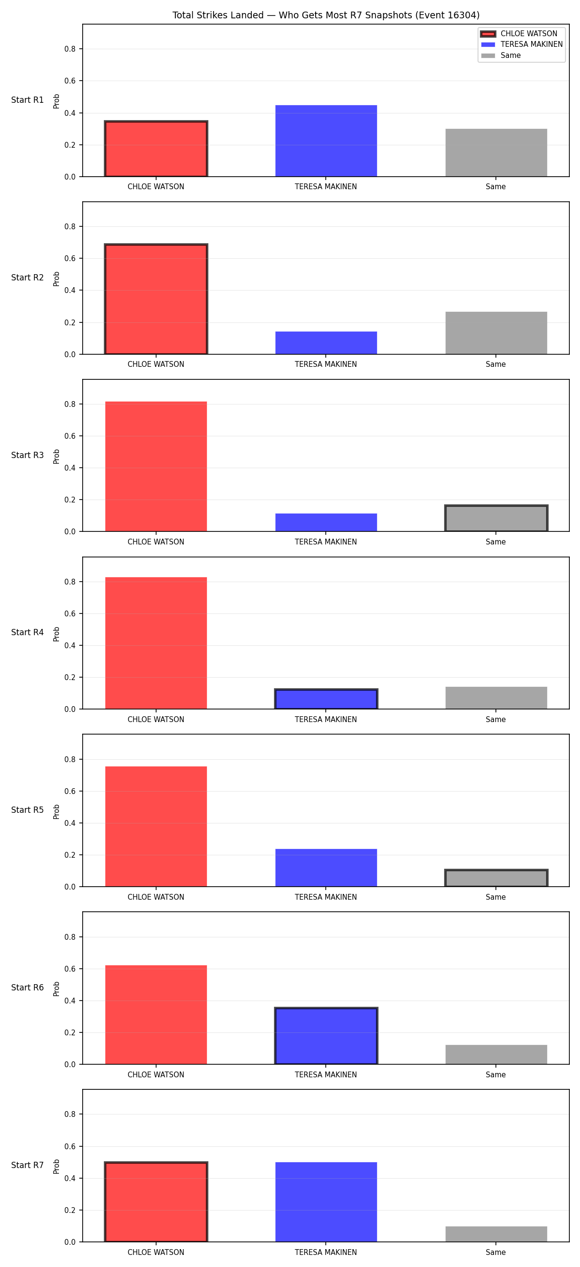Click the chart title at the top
(326, 15)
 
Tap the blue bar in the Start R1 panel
(326, 140)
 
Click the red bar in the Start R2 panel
(156, 299)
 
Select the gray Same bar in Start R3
(496, 518)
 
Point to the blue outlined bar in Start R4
(326, 699)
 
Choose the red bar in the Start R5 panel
(156, 826)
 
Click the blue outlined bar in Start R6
(326, 1036)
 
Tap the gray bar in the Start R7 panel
(496, 1234)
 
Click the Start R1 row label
(28, 100)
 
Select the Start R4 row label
(28, 632)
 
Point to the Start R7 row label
(28, 1165)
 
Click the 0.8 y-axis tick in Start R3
(70, 404)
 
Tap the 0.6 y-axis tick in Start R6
(70, 969)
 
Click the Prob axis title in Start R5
(57, 811)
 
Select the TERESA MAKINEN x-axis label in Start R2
(326, 364)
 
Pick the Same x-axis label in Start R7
(496, 1252)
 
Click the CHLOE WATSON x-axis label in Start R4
(156, 720)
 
